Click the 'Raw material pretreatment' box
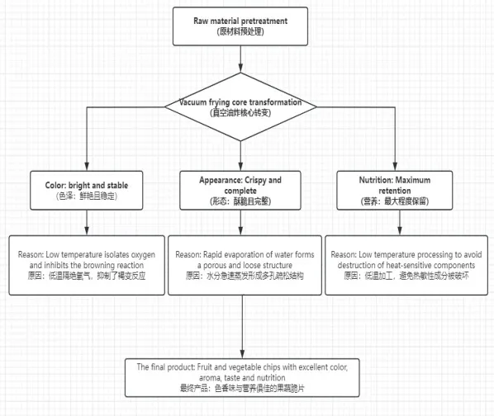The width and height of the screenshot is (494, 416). [240, 26]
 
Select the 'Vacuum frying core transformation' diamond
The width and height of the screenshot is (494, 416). [240, 107]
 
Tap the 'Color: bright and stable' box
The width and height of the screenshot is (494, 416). [86, 191]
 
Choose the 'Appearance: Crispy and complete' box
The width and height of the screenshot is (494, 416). [240, 191]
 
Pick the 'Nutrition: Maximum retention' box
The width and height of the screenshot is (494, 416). [394, 191]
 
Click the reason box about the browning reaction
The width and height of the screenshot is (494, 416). [87, 265]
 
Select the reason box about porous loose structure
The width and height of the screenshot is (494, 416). [245, 265]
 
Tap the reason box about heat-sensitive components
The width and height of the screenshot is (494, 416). [406, 265]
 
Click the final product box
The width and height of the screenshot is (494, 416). [242, 377]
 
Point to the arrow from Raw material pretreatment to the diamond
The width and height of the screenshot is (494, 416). [240, 59]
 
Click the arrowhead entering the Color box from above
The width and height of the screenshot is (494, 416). [87, 167]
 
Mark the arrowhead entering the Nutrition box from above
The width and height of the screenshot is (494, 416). [395, 167]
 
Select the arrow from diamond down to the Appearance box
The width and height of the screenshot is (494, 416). [240, 156]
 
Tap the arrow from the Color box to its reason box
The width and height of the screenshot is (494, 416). [87, 223]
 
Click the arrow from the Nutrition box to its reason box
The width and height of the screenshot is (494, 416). [400, 223]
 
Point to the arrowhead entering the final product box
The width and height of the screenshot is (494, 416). [242, 354]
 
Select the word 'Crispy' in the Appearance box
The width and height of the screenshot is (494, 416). [255, 180]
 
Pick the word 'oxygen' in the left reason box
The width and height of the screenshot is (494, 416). [143, 255]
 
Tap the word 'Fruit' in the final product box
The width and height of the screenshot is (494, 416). [205, 367]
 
